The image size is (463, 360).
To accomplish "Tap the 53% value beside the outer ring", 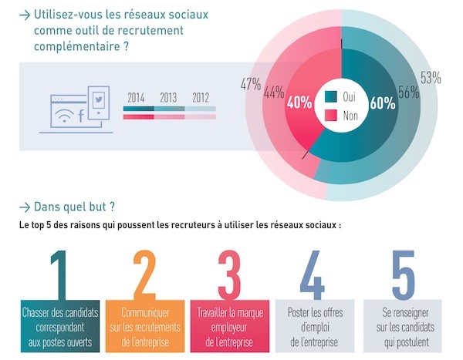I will click(x=431, y=77).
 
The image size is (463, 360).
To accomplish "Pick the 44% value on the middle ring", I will click(x=273, y=93).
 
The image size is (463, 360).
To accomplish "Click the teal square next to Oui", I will click(x=330, y=97).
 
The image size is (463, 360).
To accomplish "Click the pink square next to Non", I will click(x=330, y=114).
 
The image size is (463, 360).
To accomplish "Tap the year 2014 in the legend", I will click(x=136, y=98).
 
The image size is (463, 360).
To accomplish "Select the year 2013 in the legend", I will click(x=168, y=98).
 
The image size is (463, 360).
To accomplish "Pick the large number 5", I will click(x=402, y=274).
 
